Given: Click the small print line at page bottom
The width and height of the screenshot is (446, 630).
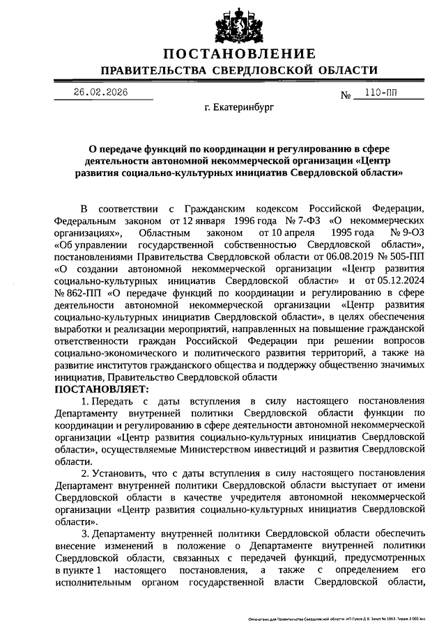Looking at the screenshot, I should point(341,618).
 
